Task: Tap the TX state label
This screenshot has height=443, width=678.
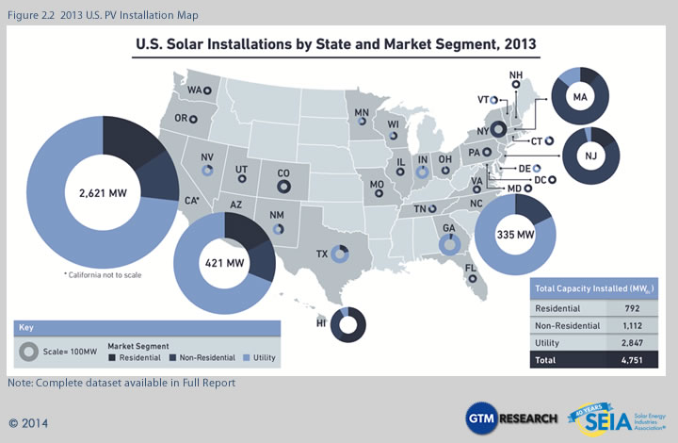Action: [x=322, y=254]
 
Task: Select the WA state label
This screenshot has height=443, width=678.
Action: [x=195, y=90]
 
